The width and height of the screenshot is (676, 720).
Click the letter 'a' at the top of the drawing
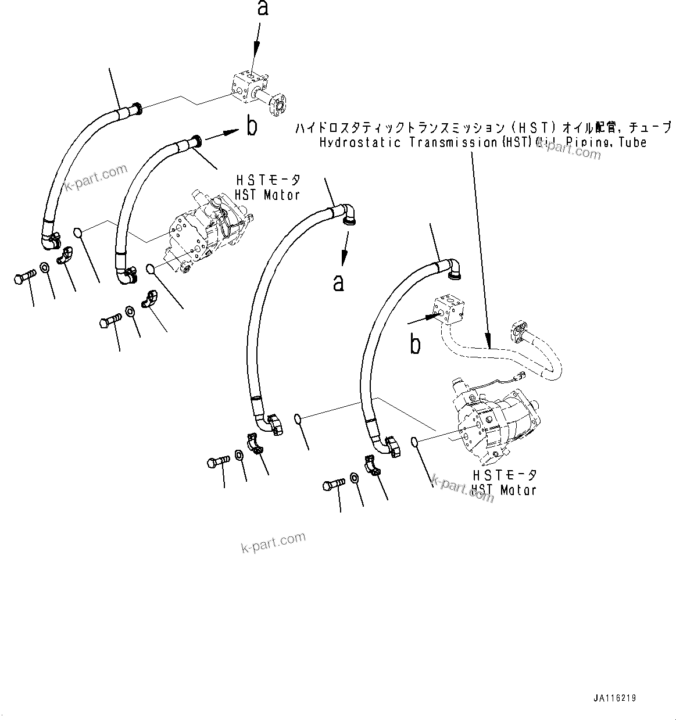tap(263, 8)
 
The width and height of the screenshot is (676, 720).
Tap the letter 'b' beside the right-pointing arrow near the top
tap(251, 126)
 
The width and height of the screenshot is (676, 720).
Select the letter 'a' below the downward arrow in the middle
tap(338, 283)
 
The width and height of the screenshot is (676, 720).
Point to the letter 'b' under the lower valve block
tap(415, 345)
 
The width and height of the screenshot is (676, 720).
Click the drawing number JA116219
tap(618, 698)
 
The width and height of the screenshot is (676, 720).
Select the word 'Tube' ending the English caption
tap(632, 143)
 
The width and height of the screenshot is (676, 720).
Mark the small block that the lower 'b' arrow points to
tap(449, 309)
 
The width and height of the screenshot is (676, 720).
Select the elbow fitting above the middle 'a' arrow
tap(348, 213)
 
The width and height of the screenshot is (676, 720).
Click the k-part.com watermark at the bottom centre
tap(273, 543)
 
